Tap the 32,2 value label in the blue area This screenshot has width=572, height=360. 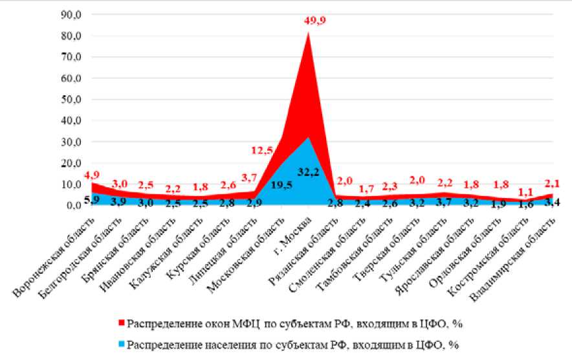pyautogui.click(x=307, y=172)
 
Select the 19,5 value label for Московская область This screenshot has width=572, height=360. pyautogui.click(x=281, y=184)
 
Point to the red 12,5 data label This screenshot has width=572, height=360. pyautogui.click(x=263, y=150)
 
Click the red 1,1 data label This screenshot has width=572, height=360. pyautogui.click(x=527, y=192)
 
